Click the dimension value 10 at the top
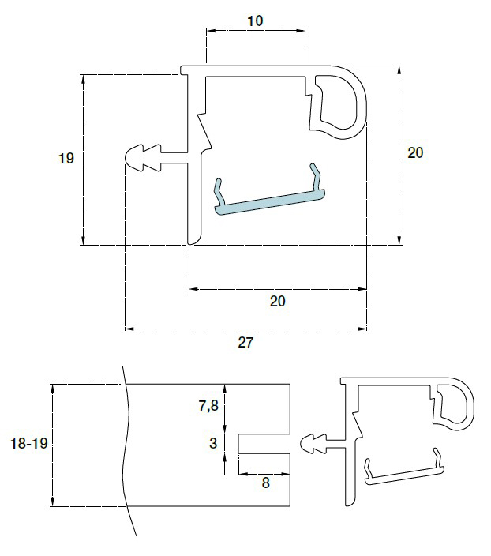(x=255, y=21)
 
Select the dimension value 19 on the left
(x=66, y=159)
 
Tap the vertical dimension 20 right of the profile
(x=415, y=152)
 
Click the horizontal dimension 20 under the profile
(x=278, y=301)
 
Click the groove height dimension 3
(x=213, y=443)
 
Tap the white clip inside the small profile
(x=403, y=472)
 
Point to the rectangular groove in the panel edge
(x=264, y=443)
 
